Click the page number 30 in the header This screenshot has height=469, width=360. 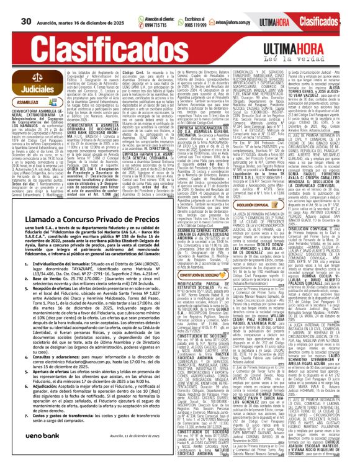click(x=25, y=6)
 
